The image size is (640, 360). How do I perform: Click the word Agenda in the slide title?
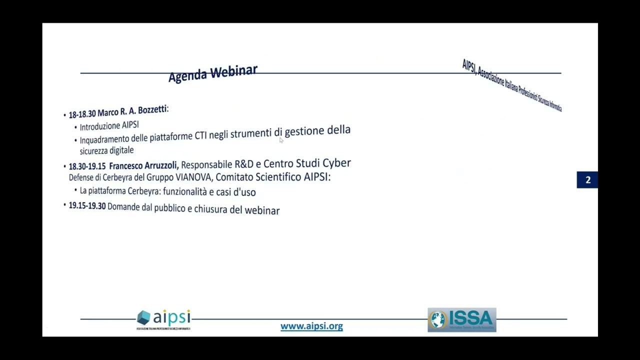point(187,76)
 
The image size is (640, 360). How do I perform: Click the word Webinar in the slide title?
point(234,71)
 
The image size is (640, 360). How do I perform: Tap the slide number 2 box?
point(587,180)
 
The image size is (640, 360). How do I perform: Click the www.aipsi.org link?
point(311,326)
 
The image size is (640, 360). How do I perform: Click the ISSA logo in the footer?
point(461,320)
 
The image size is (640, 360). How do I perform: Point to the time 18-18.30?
point(82,114)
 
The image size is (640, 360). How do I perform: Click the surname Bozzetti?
point(152,110)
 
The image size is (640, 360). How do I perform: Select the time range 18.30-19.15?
point(87,166)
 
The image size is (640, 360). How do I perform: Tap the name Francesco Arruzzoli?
point(143,165)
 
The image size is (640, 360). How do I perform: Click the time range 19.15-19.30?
point(87,206)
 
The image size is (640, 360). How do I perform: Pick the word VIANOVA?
point(193,177)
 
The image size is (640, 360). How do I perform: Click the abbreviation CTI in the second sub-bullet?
point(200,135)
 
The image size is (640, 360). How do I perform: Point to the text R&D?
point(244,164)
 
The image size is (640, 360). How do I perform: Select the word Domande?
point(123,207)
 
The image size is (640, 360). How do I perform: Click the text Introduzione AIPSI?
point(109,126)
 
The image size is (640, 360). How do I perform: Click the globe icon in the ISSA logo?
point(438,320)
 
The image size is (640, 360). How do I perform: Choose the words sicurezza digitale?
point(106,150)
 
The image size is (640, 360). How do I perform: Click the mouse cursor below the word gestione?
point(281,141)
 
